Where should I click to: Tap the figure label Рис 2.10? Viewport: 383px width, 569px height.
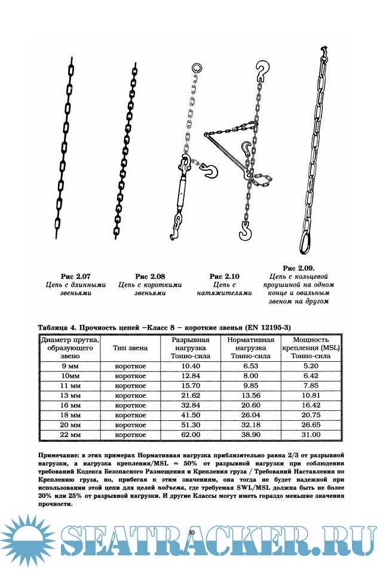(224, 276)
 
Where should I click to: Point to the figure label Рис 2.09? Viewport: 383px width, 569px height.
(299, 268)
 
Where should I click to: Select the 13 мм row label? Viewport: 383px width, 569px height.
(70, 395)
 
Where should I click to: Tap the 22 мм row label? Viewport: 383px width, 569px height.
(70, 435)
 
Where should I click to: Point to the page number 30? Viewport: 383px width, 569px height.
(192, 533)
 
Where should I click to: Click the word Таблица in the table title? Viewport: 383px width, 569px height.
(53, 327)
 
